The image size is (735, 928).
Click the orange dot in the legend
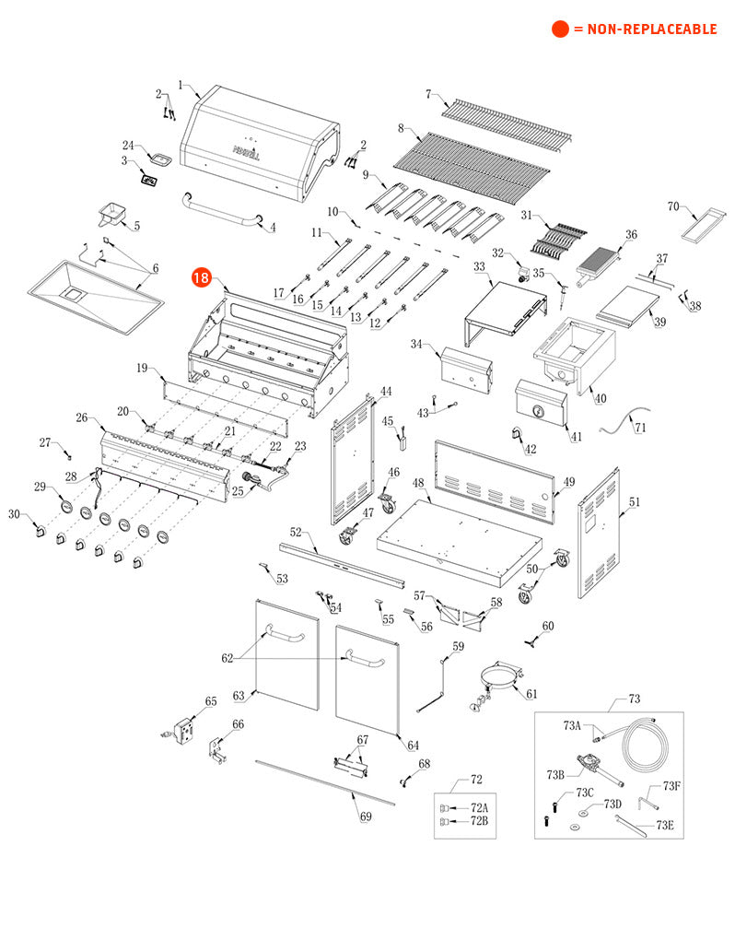click(x=560, y=29)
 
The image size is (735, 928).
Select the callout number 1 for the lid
click(x=181, y=86)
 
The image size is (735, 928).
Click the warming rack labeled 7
click(x=507, y=120)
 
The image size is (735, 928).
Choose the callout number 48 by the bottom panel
click(x=418, y=484)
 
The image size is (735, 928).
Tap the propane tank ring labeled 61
click(x=496, y=683)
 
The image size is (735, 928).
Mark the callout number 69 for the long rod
click(x=366, y=816)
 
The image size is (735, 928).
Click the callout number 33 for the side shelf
click(x=479, y=266)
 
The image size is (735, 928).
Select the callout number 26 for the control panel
click(x=83, y=418)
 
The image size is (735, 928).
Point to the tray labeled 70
click(x=705, y=224)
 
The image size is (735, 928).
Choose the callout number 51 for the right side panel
click(x=634, y=502)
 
